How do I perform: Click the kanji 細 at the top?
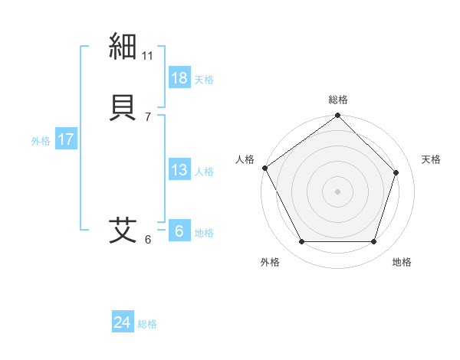[123, 47]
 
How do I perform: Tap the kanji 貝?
[123, 106]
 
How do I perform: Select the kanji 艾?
[123, 230]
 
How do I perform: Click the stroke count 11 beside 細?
[148, 56]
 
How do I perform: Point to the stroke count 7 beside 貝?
[148, 116]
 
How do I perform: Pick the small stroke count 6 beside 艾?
[148, 240]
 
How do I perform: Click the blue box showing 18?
[179, 78]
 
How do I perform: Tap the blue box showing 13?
[179, 170]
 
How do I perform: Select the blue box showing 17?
[66, 140]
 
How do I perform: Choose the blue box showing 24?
[123, 322]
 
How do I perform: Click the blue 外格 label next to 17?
[41, 141]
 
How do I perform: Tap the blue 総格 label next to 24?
[147, 324]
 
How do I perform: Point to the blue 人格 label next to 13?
[204, 172]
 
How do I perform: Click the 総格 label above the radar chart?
[338, 100]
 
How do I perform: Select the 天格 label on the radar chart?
[431, 159]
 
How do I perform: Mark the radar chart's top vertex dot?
[337, 116]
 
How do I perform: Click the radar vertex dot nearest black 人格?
[265, 168]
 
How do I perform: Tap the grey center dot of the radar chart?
[337, 191]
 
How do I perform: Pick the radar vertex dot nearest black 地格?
[373, 242]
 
